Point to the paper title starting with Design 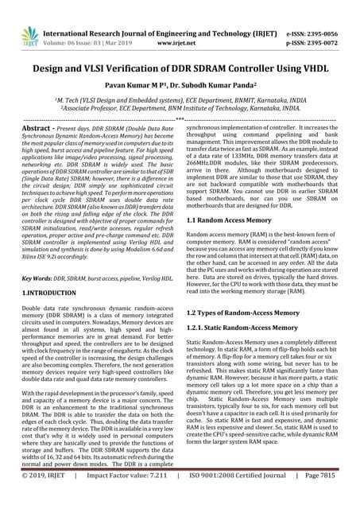tap(180, 69)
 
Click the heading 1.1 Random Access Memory tap(231, 219)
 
